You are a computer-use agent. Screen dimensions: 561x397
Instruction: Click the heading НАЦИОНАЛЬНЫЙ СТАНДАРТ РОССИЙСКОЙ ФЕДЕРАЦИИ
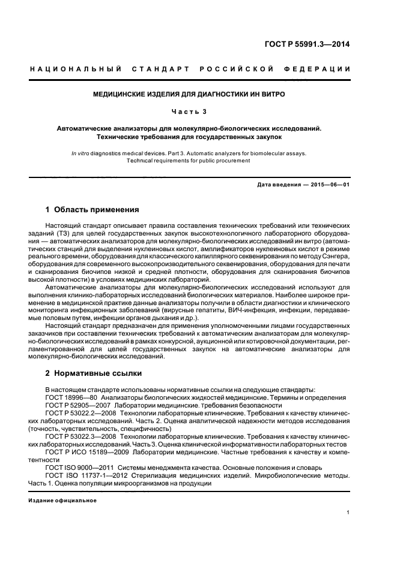click(x=190, y=70)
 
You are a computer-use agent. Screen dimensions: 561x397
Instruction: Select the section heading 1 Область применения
click(x=92, y=210)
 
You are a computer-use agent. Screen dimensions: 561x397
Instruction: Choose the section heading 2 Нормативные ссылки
click(x=94, y=373)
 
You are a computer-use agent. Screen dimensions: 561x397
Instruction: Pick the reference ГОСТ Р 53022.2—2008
click(x=81, y=413)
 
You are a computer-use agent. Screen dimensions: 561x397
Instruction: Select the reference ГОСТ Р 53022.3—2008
click(x=81, y=437)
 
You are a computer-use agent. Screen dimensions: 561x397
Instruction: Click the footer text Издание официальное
click(x=62, y=500)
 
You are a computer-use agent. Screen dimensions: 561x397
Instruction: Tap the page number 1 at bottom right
click(x=348, y=512)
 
